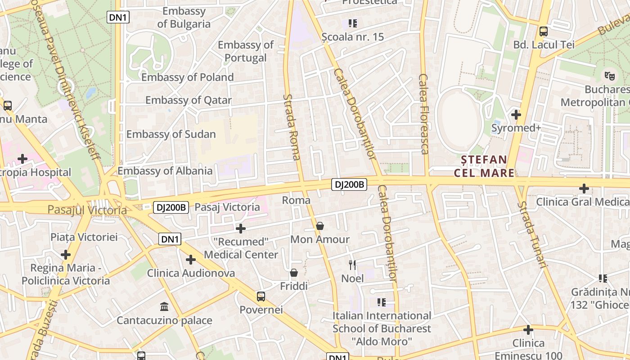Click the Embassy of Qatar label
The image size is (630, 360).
(x=188, y=100)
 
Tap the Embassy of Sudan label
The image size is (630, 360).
(x=171, y=134)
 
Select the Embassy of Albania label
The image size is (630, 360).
(x=165, y=171)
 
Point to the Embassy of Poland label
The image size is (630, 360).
(x=188, y=77)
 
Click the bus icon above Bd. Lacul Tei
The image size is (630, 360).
(x=544, y=31)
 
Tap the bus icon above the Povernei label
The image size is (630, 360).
(x=261, y=297)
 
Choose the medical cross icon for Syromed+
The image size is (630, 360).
(x=516, y=115)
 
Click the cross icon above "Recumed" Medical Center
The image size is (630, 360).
(x=241, y=229)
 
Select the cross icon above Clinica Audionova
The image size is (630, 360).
(x=191, y=260)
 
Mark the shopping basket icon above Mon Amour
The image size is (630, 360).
(x=320, y=226)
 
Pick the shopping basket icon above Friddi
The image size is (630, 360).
(x=294, y=273)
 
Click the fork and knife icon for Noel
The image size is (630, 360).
(x=352, y=265)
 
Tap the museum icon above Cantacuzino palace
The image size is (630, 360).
(x=164, y=307)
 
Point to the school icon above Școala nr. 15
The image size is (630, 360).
(x=353, y=23)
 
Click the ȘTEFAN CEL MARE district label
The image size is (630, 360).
(x=484, y=166)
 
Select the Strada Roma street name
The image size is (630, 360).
(x=292, y=127)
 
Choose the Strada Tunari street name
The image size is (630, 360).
(x=532, y=234)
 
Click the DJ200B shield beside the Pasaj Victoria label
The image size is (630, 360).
(x=171, y=207)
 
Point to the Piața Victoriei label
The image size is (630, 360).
(x=84, y=237)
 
